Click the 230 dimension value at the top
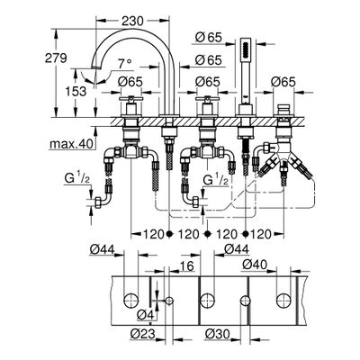pyautogui.click(x=132, y=21)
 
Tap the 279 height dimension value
pyautogui.click(x=56, y=58)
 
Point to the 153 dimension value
pyautogui.click(x=76, y=91)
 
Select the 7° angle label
pyautogui.click(x=124, y=64)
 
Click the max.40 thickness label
pyautogui.click(x=71, y=144)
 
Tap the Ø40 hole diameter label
pyautogui.click(x=255, y=265)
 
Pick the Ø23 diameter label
pyautogui.click(x=143, y=334)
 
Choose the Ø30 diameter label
pyautogui.click(x=218, y=334)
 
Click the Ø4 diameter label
pyautogui.click(x=145, y=315)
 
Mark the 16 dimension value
pyautogui.click(x=186, y=265)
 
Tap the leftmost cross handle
pyautogui.click(x=130, y=99)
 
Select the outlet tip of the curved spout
pyautogui.click(x=94, y=68)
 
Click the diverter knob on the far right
pyautogui.click(x=282, y=109)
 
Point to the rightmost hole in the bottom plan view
pyautogui.click(x=283, y=301)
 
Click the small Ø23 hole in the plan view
pyautogui.click(x=169, y=301)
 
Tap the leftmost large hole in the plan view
pyautogui.click(x=130, y=301)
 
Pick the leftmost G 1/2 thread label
pyautogui.click(x=76, y=179)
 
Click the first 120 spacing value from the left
pyautogui.click(x=152, y=234)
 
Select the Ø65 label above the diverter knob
pyautogui.click(x=283, y=82)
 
